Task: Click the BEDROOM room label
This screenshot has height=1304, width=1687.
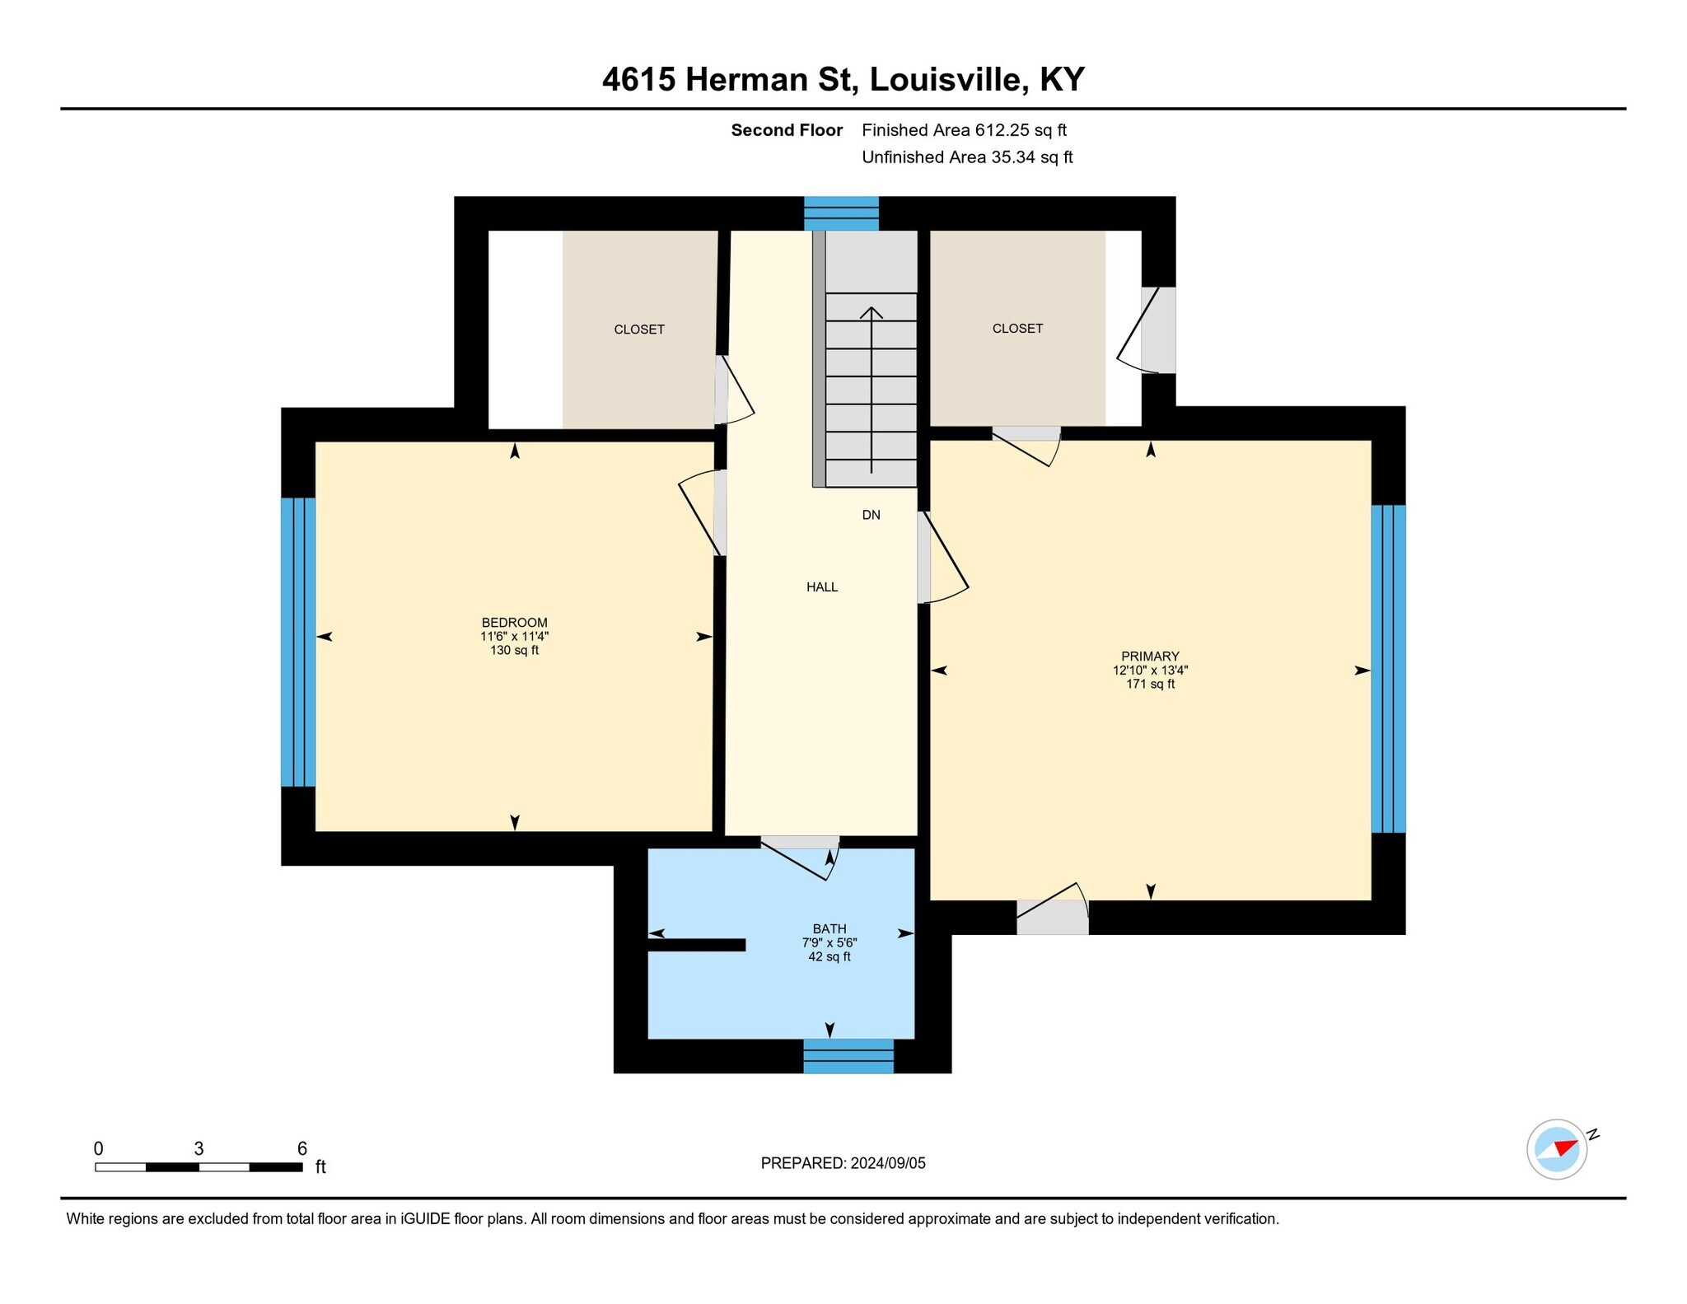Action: (x=514, y=622)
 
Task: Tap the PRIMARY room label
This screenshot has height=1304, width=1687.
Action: (x=1150, y=656)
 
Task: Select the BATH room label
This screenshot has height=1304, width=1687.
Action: (x=829, y=928)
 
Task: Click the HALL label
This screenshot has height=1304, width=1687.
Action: (x=822, y=587)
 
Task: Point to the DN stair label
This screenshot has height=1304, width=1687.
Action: (x=871, y=515)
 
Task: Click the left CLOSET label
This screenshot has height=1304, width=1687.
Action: (x=639, y=330)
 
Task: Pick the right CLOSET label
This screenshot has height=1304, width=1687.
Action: (x=1017, y=329)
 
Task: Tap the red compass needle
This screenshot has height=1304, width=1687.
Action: (x=1566, y=1147)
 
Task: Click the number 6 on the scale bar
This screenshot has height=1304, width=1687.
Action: (x=302, y=1148)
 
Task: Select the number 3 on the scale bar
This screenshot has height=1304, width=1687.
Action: (x=199, y=1148)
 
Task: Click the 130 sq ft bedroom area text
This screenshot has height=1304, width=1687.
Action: (x=514, y=650)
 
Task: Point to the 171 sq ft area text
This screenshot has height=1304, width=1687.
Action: (x=1150, y=684)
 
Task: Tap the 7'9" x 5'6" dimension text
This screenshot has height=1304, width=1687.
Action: (x=829, y=942)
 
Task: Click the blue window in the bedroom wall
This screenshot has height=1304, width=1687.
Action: (x=298, y=642)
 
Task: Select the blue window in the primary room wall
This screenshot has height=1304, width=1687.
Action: (x=1388, y=669)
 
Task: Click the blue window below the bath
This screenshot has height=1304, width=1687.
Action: (x=848, y=1056)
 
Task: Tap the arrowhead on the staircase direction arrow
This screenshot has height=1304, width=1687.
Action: (x=872, y=312)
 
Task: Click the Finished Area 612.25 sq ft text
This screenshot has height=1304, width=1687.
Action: (x=964, y=130)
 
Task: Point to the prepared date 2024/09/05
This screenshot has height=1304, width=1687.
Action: (x=888, y=1163)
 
